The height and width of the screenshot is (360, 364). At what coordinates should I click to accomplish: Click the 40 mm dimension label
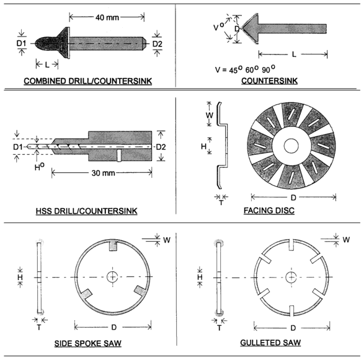click(x=107, y=17)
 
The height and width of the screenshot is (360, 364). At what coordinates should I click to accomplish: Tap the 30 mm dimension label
click(x=103, y=173)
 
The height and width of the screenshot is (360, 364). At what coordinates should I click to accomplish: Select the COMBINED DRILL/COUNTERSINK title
click(x=88, y=81)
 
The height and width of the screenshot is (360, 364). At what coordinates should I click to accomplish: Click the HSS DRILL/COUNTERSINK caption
click(x=86, y=211)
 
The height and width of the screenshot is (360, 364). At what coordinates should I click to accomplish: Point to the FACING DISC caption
click(x=269, y=211)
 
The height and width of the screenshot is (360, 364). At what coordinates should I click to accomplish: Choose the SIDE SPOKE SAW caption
click(x=88, y=343)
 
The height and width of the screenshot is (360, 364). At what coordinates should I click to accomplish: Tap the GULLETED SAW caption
click(x=270, y=343)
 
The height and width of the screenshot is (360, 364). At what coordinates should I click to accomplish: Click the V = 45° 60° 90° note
click(x=245, y=69)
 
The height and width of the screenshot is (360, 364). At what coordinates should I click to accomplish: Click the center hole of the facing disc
click(x=291, y=146)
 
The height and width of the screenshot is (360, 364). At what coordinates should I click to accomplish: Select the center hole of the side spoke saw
click(x=112, y=277)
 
